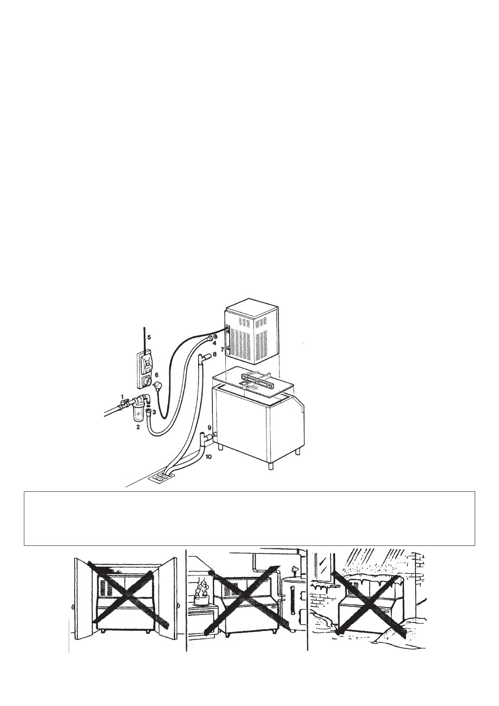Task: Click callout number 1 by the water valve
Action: [x=122, y=396]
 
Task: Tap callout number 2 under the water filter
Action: [x=137, y=427]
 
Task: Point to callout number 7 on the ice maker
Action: [x=222, y=349]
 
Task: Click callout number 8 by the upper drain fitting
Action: [x=215, y=354]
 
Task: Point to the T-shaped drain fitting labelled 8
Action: [x=203, y=357]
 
